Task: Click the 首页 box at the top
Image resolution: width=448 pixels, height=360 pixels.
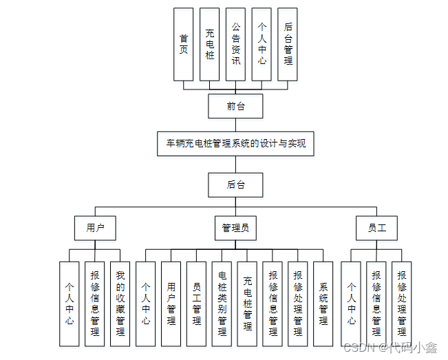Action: click(184, 45)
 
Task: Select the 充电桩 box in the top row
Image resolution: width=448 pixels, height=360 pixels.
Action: click(210, 45)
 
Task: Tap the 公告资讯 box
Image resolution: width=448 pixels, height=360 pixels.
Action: click(236, 45)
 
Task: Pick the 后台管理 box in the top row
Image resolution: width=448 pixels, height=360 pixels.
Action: click(288, 45)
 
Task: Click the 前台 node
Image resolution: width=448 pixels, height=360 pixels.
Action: click(235, 106)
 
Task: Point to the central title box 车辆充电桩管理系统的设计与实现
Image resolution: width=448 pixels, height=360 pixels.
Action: click(235, 145)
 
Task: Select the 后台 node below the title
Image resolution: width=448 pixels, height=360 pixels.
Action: click(235, 184)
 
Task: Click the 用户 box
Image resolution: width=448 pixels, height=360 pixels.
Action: click(95, 228)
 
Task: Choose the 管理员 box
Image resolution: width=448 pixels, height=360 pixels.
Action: click(235, 228)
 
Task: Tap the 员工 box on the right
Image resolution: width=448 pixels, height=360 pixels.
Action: click(377, 228)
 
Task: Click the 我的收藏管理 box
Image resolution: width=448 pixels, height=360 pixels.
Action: click(120, 304)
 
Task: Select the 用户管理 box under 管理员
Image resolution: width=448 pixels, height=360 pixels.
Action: click(171, 304)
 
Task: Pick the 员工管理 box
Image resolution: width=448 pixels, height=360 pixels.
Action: click(197, 304)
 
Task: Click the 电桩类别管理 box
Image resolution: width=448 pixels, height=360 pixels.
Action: click(222, 304)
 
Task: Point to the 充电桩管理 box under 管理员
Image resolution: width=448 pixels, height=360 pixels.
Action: click(248, 304)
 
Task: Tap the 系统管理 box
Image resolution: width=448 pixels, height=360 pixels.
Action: click(323, 304)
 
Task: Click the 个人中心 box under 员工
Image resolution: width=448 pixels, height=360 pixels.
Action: click(351, 304)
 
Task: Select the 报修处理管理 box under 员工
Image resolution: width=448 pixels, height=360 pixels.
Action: click(402, 304)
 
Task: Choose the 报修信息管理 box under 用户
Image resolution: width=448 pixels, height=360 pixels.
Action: click(95, 304)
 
